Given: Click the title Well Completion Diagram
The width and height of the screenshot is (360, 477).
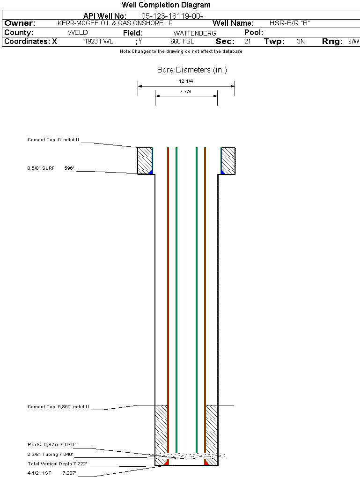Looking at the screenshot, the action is click(166, 5).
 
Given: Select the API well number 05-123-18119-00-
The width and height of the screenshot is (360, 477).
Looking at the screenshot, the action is click(172, 16).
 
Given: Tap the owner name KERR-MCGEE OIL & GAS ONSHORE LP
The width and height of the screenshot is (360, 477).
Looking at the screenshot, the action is click(115, 23).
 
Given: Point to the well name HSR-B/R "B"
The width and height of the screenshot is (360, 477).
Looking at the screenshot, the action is click(290, 23).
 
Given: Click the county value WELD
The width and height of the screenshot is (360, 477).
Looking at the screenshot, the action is click(78, 33).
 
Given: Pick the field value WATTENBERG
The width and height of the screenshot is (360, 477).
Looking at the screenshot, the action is click(195, 33).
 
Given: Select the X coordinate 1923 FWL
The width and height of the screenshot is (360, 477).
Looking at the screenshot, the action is click(99, 41).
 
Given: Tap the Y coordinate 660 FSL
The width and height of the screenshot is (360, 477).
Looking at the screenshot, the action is click(182, 41).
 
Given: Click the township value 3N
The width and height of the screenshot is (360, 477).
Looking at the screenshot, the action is click(301, 41).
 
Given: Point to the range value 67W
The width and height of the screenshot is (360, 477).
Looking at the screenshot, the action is click(353, 41).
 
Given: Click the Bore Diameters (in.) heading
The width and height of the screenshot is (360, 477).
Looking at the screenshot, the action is click(192, 70).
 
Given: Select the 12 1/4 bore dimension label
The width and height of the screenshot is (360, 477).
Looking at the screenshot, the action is click(186, 81).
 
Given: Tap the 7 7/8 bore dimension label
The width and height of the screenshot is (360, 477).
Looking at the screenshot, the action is click(185, 91).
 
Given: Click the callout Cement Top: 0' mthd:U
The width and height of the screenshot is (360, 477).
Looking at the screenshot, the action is click(53, 140).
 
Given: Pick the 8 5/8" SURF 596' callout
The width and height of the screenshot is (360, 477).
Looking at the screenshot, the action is click(51, 168).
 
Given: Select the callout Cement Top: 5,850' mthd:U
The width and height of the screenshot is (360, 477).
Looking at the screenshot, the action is click(58, 407).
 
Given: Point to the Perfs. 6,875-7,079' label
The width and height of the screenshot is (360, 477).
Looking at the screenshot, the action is click(52, 444).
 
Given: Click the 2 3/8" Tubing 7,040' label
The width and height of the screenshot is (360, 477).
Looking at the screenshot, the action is click(50, 454).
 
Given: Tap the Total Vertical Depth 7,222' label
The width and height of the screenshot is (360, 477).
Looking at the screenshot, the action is click(57, 463).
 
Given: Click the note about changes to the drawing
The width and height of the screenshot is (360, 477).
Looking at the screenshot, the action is click(181, 51).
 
